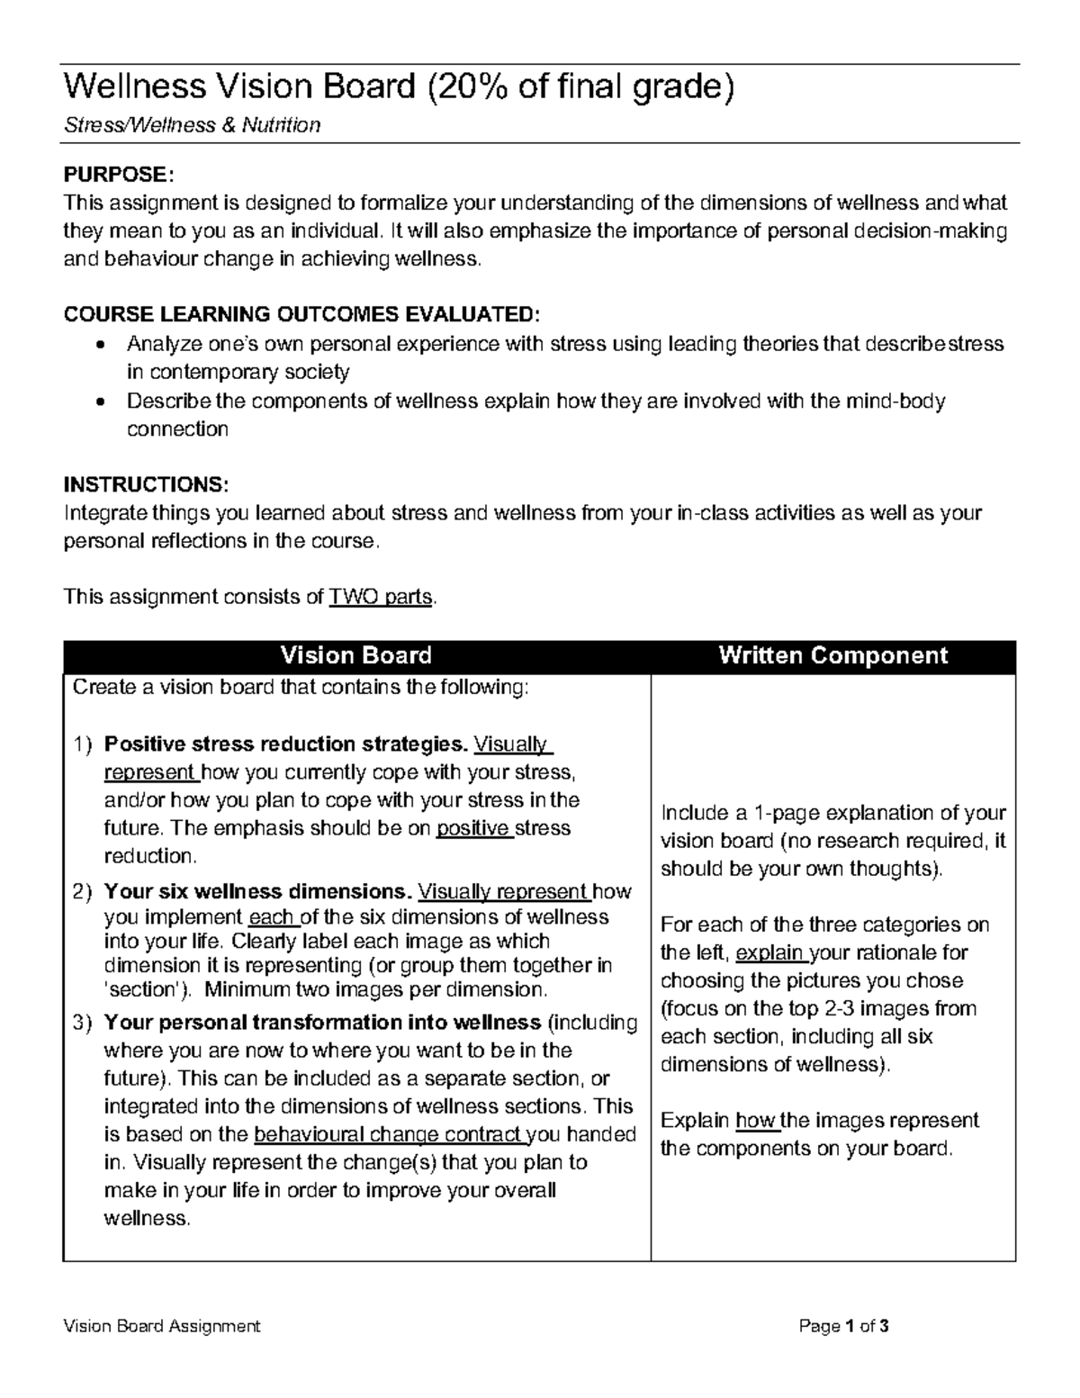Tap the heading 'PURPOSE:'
coord(115,174)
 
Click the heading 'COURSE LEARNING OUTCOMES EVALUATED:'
coord(302,314)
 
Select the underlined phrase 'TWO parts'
coord(382,597)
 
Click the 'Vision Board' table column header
coord(355,655)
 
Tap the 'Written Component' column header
coord(832,655)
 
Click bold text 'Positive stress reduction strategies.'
coord(286,744)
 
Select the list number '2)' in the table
coord(83,892)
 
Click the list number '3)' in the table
coord(83,1023)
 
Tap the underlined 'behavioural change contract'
coord(388,1134)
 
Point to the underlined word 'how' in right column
coord(755,1121)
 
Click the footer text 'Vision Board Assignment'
coord(162,1326)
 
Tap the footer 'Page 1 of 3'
coord(843,1326)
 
